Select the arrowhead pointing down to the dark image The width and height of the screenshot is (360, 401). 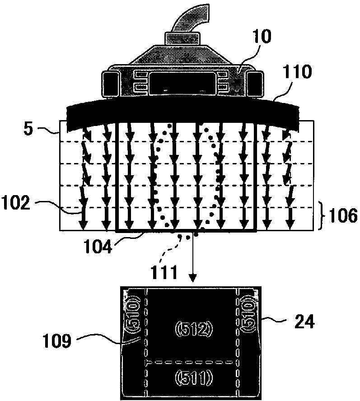pyautogui.click(x=194, y=280)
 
